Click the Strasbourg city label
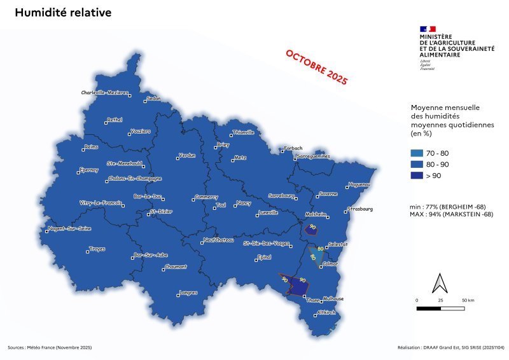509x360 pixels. click(361, 209)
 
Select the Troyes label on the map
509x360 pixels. click(97, 249)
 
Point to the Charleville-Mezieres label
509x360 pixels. click(105, 92)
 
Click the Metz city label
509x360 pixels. click(240, 157)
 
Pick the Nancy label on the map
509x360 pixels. click(244, 204)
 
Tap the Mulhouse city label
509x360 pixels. click(333, 298)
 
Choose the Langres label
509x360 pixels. click(188, 293)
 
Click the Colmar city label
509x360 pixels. click(331, 263)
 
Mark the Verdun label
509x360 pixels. click(187, 155)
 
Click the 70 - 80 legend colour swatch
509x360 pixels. click(417, 153)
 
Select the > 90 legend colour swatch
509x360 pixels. click(417, 175)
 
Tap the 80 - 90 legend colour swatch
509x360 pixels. click(417, 164)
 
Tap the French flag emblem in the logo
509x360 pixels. click(428, 29)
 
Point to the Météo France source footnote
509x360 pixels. click(50, 347)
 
